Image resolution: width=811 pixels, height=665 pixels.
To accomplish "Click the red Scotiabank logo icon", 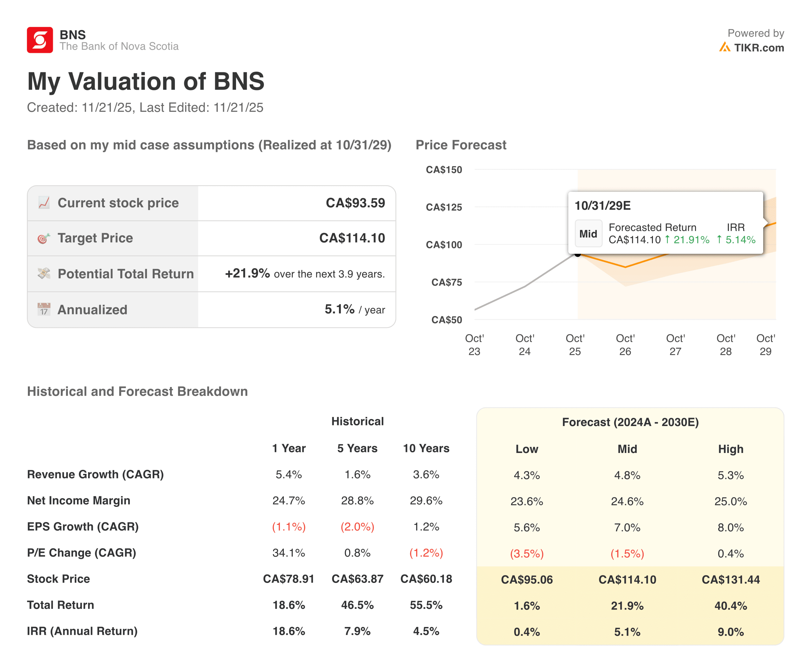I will pyautogui.click(x=40, y=40).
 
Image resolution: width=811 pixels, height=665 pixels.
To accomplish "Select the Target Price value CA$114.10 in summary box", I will pyautogui.click(x=352, y=238).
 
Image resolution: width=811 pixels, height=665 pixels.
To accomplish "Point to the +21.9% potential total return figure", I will pyautogui.click(x=247, y=274).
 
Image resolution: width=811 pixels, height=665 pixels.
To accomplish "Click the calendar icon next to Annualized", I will pyautogui.click(x=44, y=309).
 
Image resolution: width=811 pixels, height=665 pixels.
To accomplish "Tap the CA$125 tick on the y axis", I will pyautogui.click(x=444, y=207).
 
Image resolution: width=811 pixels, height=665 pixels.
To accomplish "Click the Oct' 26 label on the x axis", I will pyautogui.click(x=625, y=345).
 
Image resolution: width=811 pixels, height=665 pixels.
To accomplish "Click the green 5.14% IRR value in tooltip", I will pyautogui.click(x=740, y=240).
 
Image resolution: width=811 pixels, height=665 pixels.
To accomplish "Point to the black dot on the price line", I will pyautogui.click(x=578, y=254).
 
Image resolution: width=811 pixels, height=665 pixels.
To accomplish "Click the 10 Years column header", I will pyautogui.click(x=426, y=448).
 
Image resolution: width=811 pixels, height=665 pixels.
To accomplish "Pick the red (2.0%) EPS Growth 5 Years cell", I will pyautogui.click(x=357, y=527).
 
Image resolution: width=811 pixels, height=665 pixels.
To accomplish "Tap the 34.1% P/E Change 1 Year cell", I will pyautogui.click(x=289, y=553).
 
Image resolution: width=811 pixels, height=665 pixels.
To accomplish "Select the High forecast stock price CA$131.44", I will pyautogui.click(x=730, y=579).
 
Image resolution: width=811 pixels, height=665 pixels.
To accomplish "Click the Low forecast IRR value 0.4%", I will pyautogui.click(x=527, y=632).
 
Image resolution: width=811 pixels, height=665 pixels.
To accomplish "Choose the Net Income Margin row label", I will pyautogui.click(x=79, y=501).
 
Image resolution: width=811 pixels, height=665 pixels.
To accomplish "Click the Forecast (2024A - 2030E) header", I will pyautogui.click(x=630, y=422).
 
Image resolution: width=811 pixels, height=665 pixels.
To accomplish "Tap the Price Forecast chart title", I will pyautogui.click(x=461, y=145).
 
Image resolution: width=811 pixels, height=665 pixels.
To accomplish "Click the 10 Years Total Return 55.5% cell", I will pyautogui.click(x=426, y=605).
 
